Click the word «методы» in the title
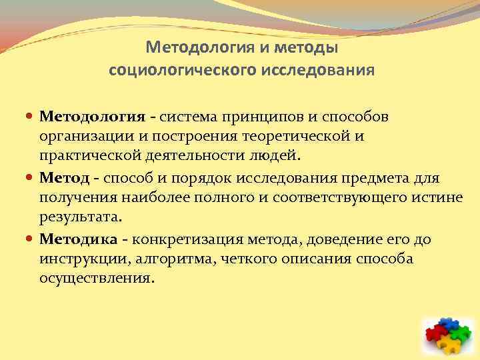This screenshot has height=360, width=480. click(307, 48)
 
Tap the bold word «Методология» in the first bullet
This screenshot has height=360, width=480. click(92, 117)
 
